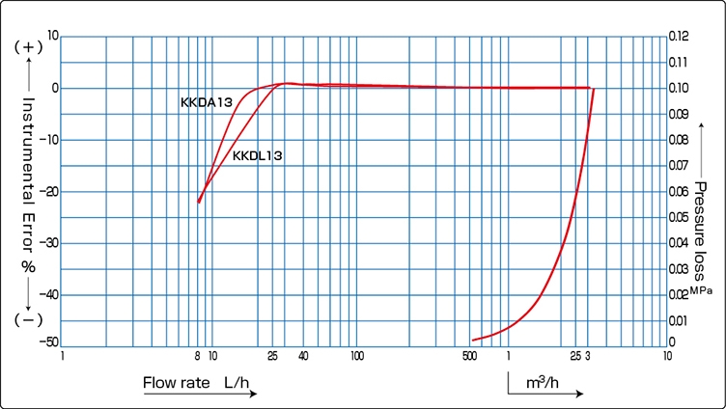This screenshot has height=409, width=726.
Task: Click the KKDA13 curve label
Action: tap(205, 101)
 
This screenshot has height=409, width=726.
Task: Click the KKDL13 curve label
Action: tap(258, 155)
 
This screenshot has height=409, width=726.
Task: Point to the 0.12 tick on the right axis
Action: tap(679, 37)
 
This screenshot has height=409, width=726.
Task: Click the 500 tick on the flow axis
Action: tap(470, 356)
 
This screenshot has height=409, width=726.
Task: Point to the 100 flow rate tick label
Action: tap(356, 356)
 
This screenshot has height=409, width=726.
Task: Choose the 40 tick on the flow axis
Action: tap(303, 356)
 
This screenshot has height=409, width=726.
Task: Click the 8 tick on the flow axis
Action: tap(197, 356)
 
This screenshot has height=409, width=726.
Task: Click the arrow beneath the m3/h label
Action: tap(545, 395)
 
